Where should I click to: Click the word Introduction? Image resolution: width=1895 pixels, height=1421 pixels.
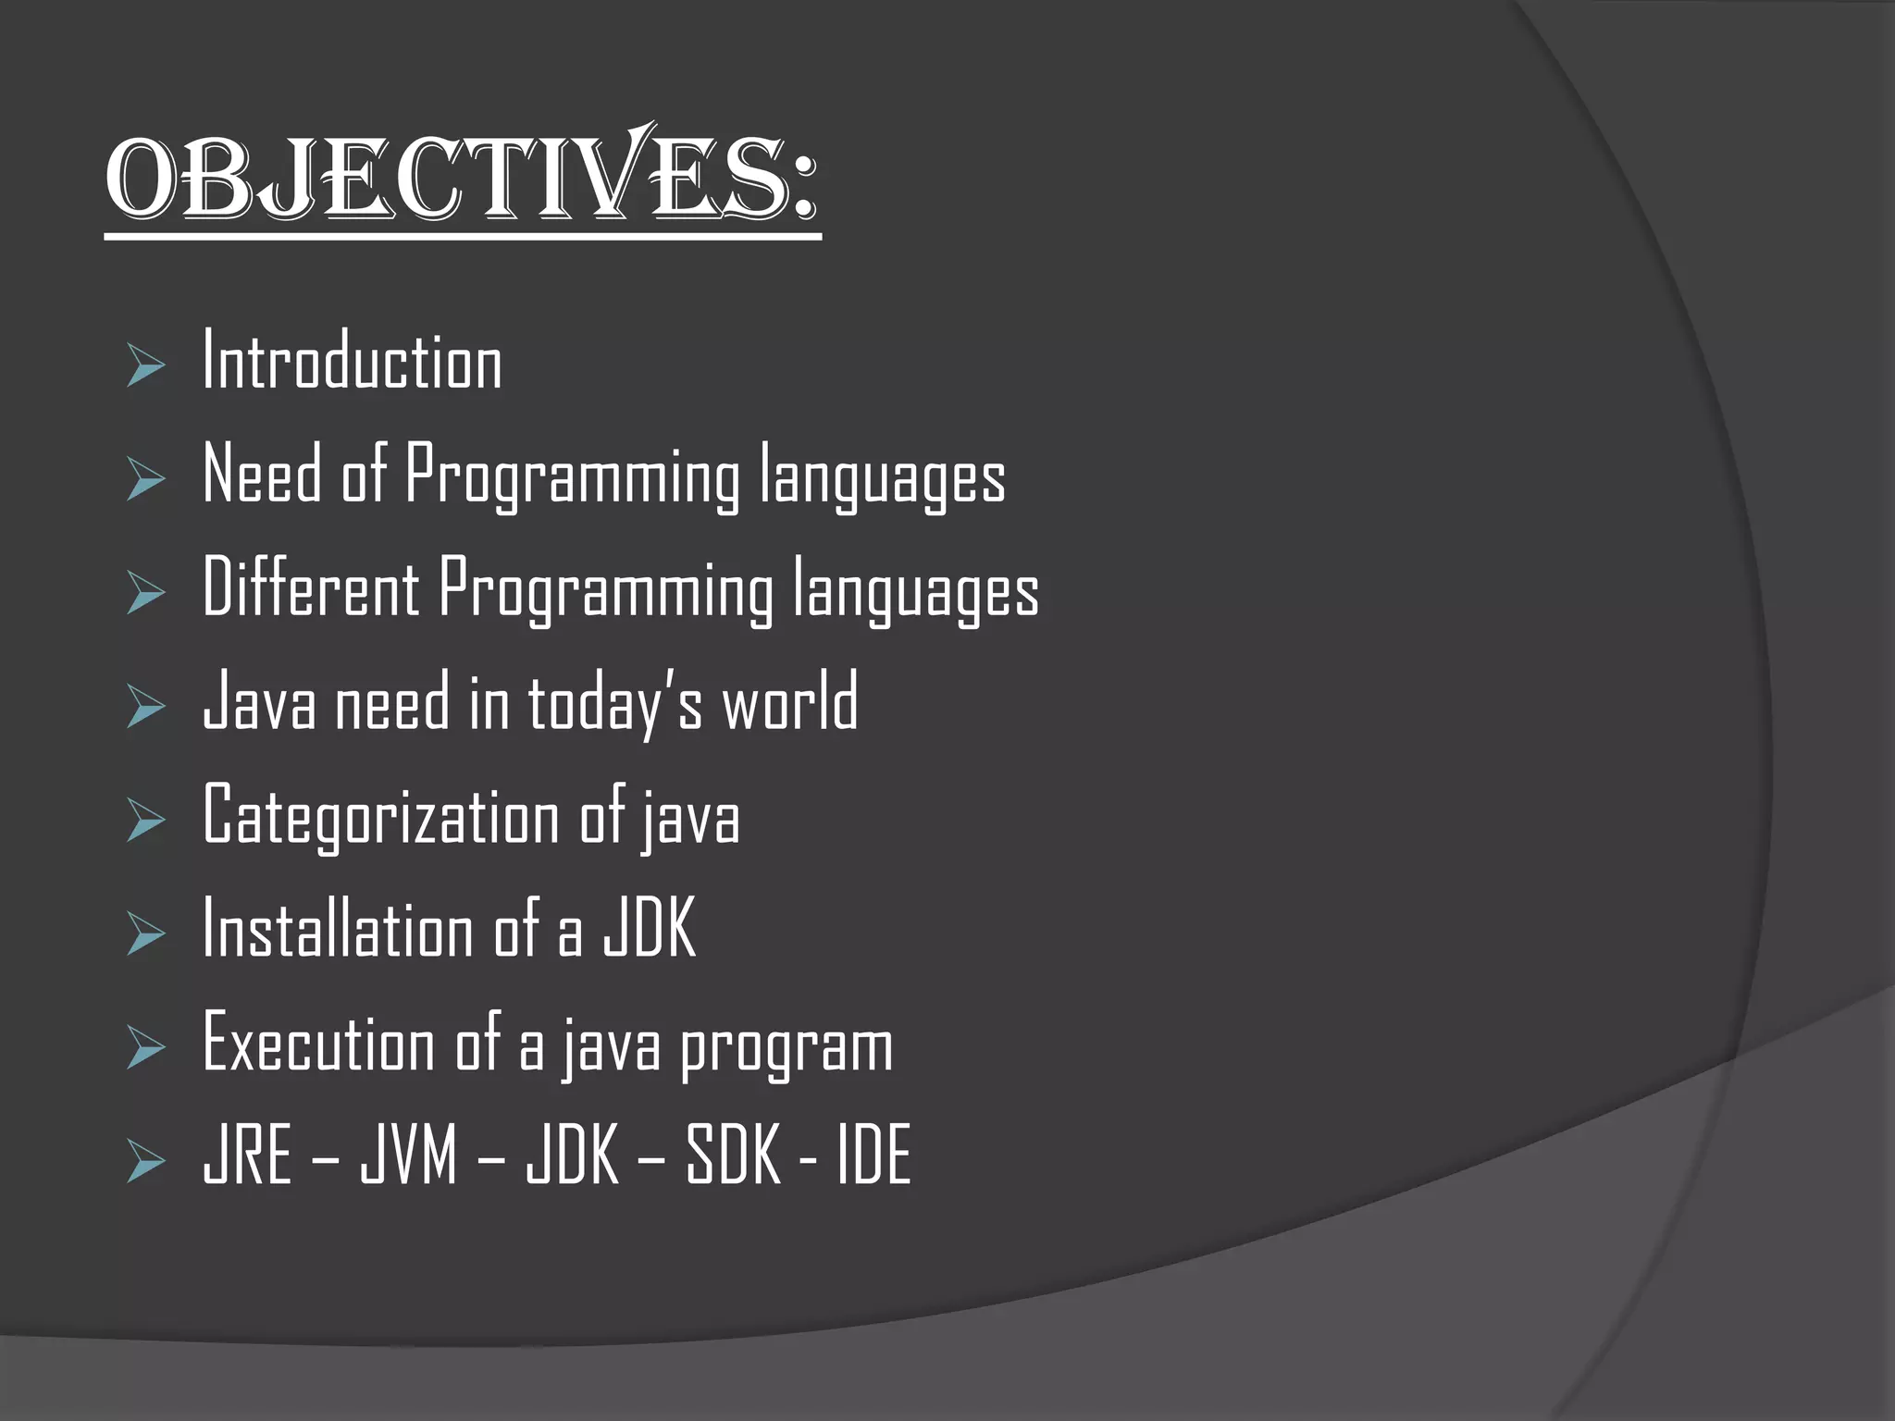(352, 362)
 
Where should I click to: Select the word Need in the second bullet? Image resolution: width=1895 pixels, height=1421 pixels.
(262, 475)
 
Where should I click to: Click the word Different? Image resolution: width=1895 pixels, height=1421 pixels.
(311, 588)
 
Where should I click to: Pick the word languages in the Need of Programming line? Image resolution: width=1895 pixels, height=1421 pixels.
(882, 476)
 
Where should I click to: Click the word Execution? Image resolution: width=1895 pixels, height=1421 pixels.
(318, 1044)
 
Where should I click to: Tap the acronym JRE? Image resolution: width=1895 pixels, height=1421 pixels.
(247, 1155)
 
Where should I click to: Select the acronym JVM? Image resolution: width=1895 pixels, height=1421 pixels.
(409, 1155)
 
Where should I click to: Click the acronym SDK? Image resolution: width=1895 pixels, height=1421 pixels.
(733, 1155)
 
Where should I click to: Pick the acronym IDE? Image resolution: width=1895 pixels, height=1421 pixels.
(874, 1155)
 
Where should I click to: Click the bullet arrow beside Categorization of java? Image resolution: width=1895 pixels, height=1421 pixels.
(145, 822)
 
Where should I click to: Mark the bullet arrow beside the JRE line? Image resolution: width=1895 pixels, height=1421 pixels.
(145, 1162)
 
